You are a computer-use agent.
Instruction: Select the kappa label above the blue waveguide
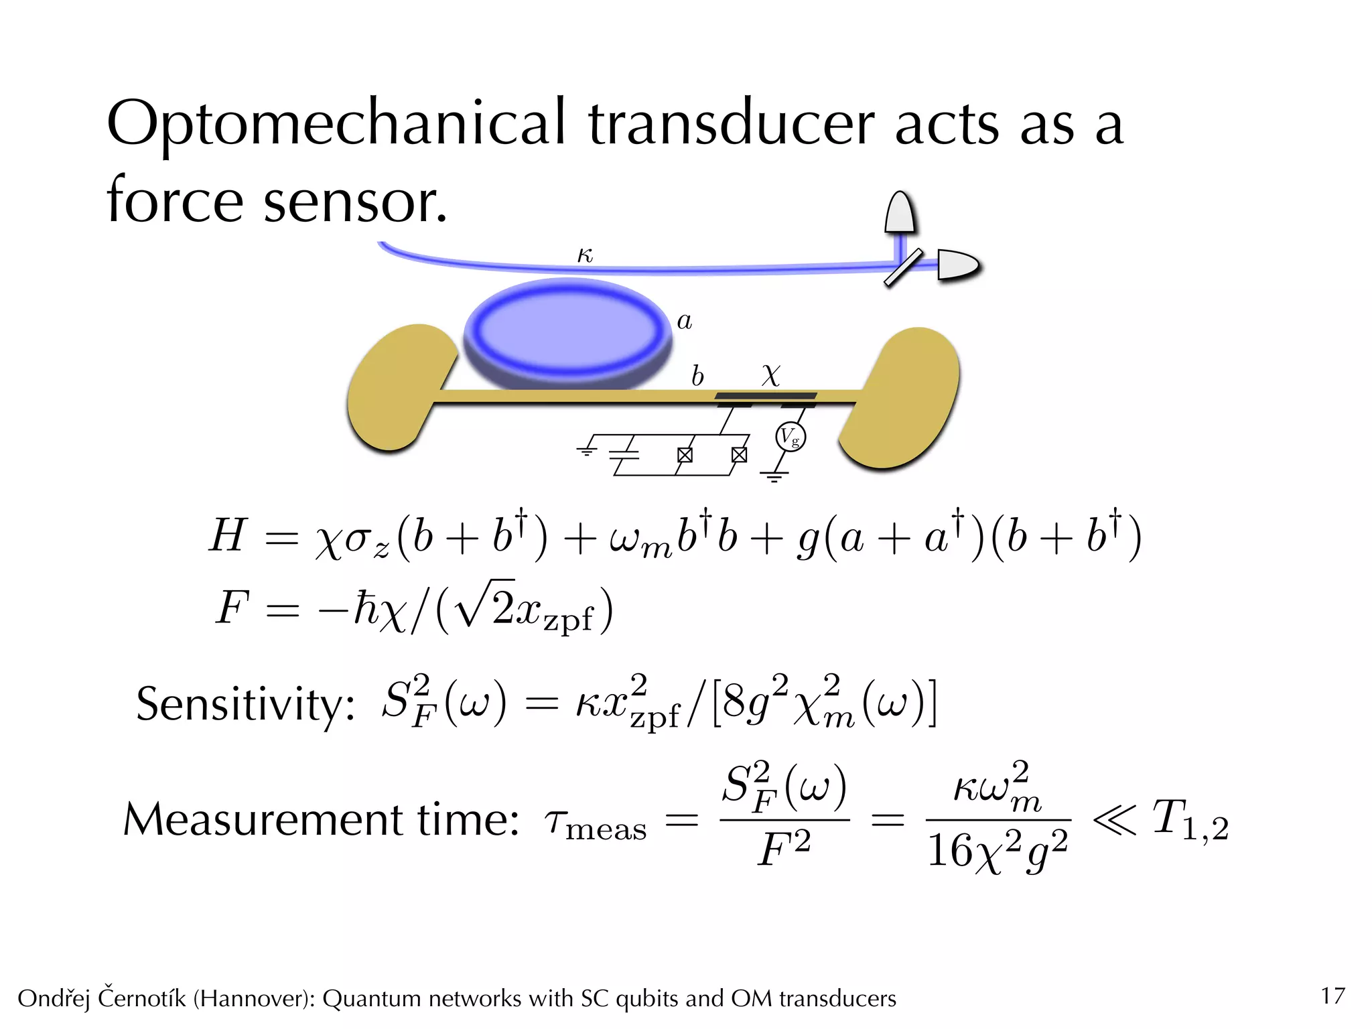coord(585,255)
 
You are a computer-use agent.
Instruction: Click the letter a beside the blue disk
coord(684,322)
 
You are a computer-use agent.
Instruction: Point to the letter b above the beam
coord(697,376)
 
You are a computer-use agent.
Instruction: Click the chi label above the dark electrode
coord(771,375)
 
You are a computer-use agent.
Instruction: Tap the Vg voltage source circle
coord(791,437)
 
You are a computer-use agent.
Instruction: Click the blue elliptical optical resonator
coord(567,333)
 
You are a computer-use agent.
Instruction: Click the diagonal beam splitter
coord(903,267)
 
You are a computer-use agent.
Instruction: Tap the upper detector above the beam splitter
coord(899,213)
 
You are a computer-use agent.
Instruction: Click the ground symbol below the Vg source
coord(774,476)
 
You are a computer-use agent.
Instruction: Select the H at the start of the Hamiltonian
coord(227,536)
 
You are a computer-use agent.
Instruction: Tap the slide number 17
coord(1332,996)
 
